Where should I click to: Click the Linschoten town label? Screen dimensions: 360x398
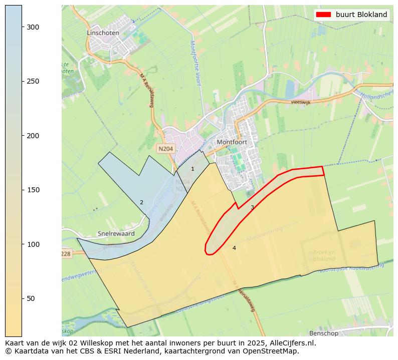pyautogui.click(x=103, y=33)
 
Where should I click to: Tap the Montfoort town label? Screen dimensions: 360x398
pyautogui.click(x=233, y=142)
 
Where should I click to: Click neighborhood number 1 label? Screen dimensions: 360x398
pyautogui.click(x=192, y=169)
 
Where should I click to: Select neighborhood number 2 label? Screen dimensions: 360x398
pyautogui.click(x=141, y=203)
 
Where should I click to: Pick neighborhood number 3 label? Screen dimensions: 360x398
pyautogui.click(x=252, y=207)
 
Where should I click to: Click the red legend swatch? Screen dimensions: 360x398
pyautogui.click(x=324, y=15)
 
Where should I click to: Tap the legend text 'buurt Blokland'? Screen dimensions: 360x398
pyautogui.click(x=361, y=15)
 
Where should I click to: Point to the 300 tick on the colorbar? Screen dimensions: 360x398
pyautogui.click(x=33, y=27)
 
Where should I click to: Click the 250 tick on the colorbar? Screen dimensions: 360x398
pyautogui.click(x=33, y=82)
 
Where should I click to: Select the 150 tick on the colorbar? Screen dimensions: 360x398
pyautogui.click(x=33, y=190)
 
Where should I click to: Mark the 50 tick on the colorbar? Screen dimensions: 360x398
pyautogui.click(x=31, y=299)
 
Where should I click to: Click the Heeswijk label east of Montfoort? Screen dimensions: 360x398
pyautogui.click(x=302, y=102)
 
